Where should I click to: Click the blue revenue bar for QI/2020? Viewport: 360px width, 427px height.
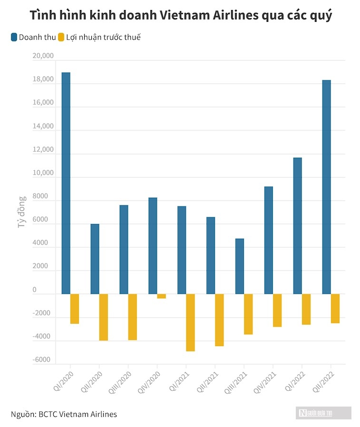point(66,183)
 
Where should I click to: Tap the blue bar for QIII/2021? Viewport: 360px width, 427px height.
point(240,266)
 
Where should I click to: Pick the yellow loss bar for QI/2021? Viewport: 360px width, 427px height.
point(190,322)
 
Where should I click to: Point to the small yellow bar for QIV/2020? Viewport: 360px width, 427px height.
point(161,296)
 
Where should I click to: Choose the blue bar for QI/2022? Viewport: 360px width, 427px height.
point(298,225)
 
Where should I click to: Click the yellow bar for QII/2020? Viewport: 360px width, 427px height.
point(104,317)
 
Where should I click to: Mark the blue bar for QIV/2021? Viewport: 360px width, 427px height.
point(269,240)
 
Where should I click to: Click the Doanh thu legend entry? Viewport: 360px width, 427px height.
point(33,37)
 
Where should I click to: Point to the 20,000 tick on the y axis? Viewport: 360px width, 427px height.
point(43,57)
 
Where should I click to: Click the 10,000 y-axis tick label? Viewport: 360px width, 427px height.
point(43,173)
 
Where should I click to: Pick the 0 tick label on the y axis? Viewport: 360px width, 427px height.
point(48,290)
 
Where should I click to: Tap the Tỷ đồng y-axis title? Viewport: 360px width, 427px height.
point(22,212)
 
